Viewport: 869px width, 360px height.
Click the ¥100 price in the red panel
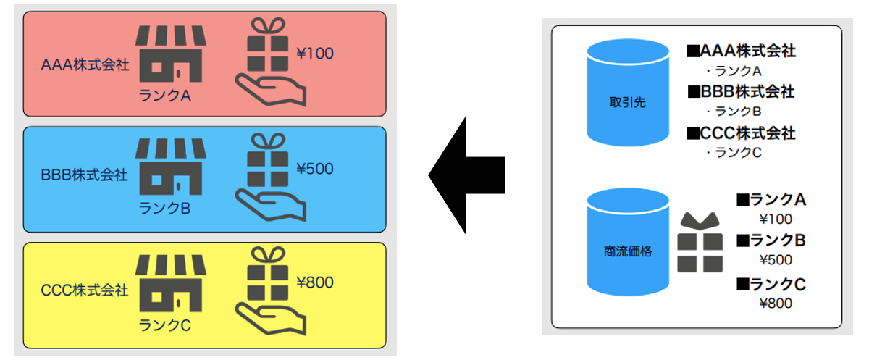click(x=315, y=53)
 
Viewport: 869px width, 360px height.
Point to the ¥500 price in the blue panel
click(x=315, y=168)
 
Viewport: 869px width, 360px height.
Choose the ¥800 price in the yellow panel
click(x=315, y=282)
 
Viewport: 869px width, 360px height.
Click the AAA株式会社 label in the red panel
click(x=85, y=65)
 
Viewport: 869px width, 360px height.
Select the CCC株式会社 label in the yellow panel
click(x=85, y=291)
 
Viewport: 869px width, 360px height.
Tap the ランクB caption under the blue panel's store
click(x=165, y=209)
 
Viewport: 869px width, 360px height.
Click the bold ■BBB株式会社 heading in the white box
click(x=741, y=92)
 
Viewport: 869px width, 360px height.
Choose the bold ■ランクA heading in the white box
click(x=771, y=199)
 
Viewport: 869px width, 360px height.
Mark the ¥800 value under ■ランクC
click(x=775, y=304)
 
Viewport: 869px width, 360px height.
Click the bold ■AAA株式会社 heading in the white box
click(x=742, y=51)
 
